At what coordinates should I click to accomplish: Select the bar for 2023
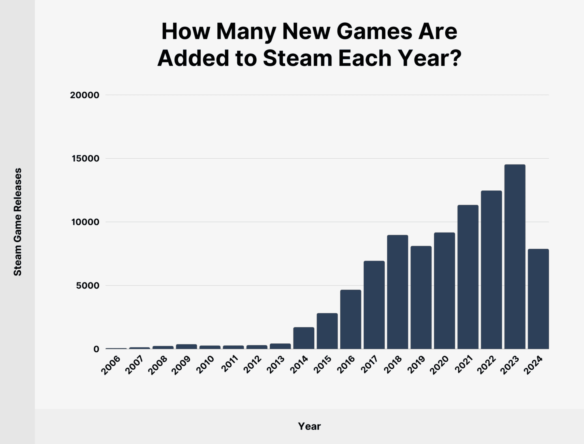(x=515, y=256)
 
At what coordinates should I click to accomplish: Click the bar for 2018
(x=397, y=292)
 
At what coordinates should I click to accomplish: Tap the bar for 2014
(x=304, y=338)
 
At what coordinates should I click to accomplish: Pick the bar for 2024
(x=538, y=299)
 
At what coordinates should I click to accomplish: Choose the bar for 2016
(x=350, y=319)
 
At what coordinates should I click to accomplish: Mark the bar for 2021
(x=468, y=277)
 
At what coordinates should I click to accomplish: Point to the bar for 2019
(x=421, y=297)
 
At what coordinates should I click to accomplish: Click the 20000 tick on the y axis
(x=84, y=95)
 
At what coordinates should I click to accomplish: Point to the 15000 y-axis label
(x=85, y=159)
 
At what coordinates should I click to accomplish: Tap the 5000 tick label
(x=88, y=286)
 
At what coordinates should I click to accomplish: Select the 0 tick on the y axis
(x=96, y=349)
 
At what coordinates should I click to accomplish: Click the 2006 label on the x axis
(x=111, y=365)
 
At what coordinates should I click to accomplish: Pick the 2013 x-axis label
(x=276, y=365)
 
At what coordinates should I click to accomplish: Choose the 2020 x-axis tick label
(x=440, y=365)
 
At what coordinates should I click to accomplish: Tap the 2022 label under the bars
(x=487, y=365)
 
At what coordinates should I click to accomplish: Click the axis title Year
(x=309, y=426)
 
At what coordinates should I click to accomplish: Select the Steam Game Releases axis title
(x=17, y=222)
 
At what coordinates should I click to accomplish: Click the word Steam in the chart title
(x=298, y=58)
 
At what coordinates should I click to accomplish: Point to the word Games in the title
(x=374, y=31)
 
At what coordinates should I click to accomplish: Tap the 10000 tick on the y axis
(x=85, y=222)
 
